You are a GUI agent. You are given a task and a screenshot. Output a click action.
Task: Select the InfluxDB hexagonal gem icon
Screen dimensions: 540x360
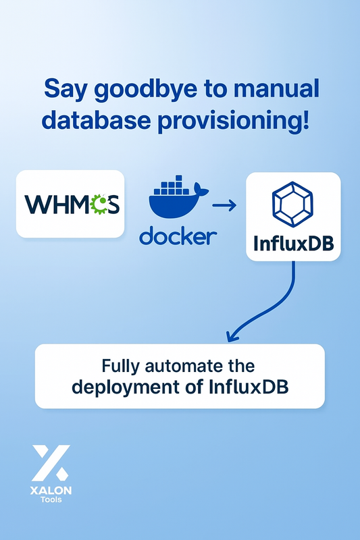click(x=293, y=204)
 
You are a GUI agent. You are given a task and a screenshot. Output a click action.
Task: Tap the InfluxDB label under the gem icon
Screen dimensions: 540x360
click(x=293, y=244)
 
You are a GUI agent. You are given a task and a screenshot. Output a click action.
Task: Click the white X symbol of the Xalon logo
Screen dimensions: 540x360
click(x=51, y=461)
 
